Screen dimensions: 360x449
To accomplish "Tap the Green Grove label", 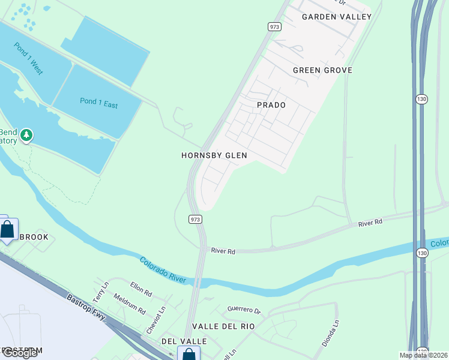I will (x=322, y=70).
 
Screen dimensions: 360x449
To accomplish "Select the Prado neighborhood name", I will (x=271, y=105).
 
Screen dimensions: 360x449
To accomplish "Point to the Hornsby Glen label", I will (x=214, y=155).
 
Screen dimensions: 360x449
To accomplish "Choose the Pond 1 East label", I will (x=98, y=103).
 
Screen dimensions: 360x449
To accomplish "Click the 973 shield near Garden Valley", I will (x=275, y=27).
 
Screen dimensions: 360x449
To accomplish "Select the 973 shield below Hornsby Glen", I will (x=195, y=220).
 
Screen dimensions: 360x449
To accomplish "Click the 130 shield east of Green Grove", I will (x=422, y=98).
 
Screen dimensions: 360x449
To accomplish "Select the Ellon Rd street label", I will (x=140, y=289).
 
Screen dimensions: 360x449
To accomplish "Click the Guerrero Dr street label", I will (x=244, y=310).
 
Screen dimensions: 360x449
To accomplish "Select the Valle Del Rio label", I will (x=223, y=326).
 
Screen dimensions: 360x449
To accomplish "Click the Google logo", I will (x=20, y=353).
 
